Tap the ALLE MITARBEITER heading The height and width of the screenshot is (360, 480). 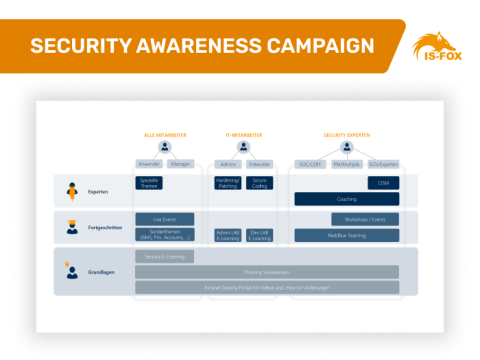coord(164,134)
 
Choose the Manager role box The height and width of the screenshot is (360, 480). coord(180,164)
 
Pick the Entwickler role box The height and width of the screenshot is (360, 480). coord(259,164)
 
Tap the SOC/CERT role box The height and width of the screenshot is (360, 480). coord(311,164)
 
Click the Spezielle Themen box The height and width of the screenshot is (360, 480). coord(148,183)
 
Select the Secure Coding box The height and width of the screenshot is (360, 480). coord(259,183)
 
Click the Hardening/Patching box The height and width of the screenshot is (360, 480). coord(228,183)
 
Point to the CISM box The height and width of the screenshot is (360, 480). coord(383,183)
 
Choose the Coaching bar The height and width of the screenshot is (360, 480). coord(346,199)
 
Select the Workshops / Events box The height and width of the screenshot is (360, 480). coord(365,218)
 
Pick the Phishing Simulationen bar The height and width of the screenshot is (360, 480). coord(266,272)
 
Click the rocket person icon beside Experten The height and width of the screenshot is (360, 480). coord(71,190)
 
